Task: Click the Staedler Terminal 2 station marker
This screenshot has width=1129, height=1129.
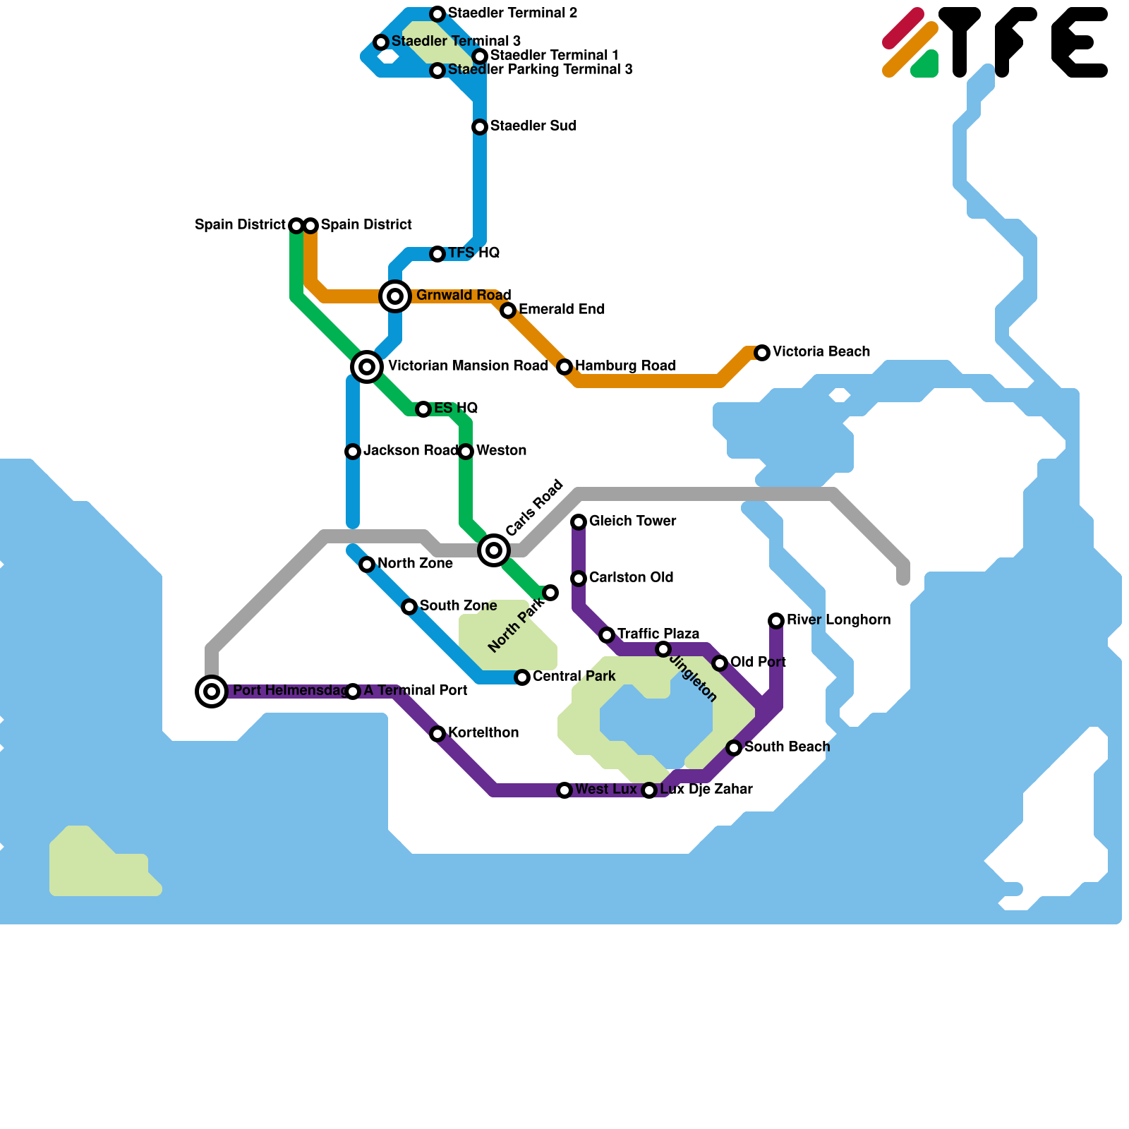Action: pyautogui.click(x=437, y=14)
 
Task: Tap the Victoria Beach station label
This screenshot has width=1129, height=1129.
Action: pyautogui.click(x=821, y=351)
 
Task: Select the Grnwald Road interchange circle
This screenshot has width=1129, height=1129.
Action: pyautogui.click(x=395, y=296)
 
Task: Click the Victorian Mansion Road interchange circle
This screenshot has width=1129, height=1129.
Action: pyautogui.click(x=367, y=367)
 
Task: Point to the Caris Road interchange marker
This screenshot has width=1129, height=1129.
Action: pyautogui.click(x=494, y=550)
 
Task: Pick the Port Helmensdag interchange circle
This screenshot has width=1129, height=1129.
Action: pyautogui.click(x=212, y=692)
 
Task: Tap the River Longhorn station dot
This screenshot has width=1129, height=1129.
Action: pyautogui.click(x=776, y=621)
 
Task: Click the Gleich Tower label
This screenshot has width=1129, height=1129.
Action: pyautogui.click(x=632, y=521)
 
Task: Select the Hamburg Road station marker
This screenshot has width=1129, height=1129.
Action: pyautogui.click(x=564, y=367)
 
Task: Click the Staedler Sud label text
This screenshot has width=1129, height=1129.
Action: pyautogui.click(x=533, y=126)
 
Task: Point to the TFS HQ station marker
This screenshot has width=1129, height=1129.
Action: pyautogui.click(x=437, y=254)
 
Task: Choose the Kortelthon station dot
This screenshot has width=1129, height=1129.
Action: pyautogui.click(x=437, y=734)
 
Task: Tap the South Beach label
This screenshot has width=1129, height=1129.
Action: pyautogui.click(x=787, y=747)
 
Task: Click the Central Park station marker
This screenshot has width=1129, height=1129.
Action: pyautogui.click(x=522, y=677)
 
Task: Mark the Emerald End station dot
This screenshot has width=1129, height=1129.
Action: pyautogui.click(x=508, y=310)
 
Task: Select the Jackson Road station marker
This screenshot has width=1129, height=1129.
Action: pyautogui.click(x=353, y=452)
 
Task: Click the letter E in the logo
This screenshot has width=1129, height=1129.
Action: pyautogui.click(x=1080, y=42)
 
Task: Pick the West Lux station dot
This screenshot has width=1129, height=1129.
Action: pyautogui.click(x=564, y=790)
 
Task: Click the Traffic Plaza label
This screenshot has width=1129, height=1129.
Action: pyautogui.click(x=658, y=634)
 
